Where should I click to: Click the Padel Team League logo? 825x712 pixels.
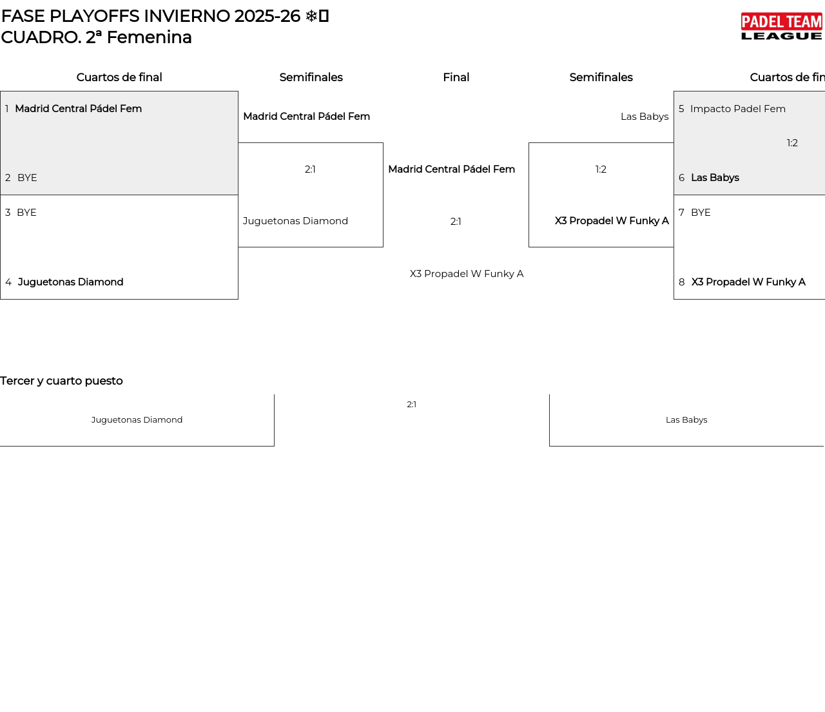coord(781,26)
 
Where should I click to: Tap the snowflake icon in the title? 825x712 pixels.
coord(311,16)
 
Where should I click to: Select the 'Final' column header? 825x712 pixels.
coord(456,77)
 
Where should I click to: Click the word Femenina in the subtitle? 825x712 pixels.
coord(149,37)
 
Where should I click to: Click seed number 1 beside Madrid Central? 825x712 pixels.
coord(7,109)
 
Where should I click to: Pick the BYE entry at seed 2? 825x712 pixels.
coord(27,178)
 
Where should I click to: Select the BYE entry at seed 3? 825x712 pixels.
coord(26,213)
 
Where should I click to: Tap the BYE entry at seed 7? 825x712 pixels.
coord(701,213)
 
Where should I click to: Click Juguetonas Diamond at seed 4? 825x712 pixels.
coord(70,282)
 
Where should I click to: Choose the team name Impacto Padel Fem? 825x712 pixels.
coord(738,109)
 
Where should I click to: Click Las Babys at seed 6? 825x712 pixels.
coord(715,178)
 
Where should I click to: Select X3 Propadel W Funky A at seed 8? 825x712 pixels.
coord(748,282)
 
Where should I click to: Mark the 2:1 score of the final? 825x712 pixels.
coord(456,222)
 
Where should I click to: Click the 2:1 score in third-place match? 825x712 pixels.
coord(411,405)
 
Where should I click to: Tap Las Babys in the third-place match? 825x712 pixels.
coord(686,420)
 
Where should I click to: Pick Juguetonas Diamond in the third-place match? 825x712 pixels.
coord(137,420)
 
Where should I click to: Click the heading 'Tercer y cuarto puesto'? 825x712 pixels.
coord(61,381)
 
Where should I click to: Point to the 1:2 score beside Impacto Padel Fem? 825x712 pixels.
coord(792,143)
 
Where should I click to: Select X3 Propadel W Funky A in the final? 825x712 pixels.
coord(467,274)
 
